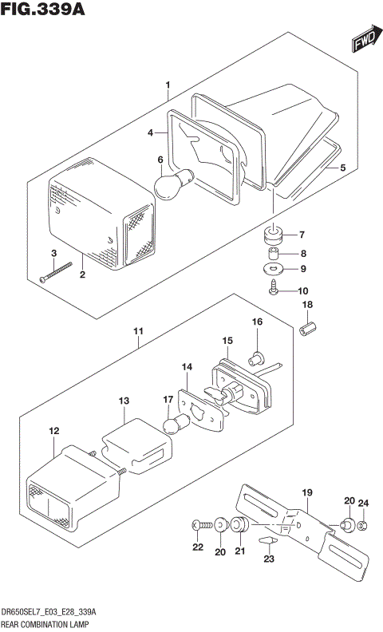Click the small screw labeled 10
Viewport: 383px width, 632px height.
coord(274,290)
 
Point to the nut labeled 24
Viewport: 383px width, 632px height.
coord(362,525)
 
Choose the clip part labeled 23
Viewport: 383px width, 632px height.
coord(270,543)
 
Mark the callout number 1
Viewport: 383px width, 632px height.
coord(168,84)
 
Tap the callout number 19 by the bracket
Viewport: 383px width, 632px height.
coord(306,492)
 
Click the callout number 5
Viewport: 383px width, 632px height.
coord(342,168)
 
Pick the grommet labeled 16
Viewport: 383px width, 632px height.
coord(258,356)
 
